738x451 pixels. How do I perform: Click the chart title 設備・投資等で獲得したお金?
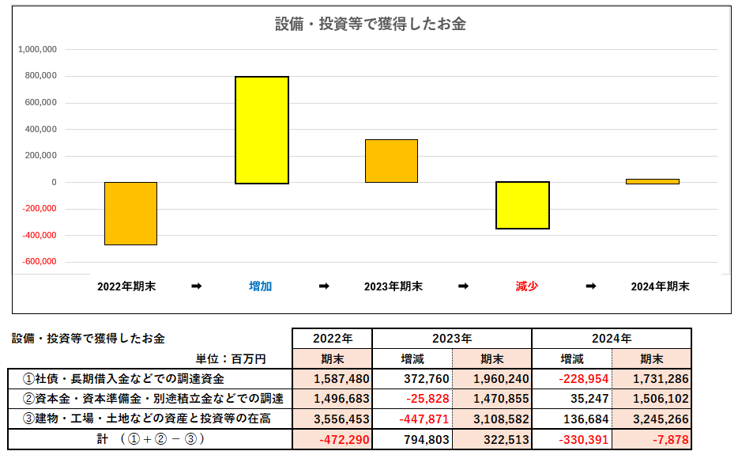[370, 24]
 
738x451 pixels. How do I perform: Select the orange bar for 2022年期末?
[130, 213]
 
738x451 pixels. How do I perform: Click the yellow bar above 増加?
[262, 130]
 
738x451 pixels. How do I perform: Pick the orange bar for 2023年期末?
[391, 161]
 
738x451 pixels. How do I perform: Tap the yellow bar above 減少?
[522, 205]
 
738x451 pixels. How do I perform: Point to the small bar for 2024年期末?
[652, 181]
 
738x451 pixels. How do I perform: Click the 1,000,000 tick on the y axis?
[36, 49]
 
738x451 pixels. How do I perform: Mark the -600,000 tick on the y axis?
[36, 262]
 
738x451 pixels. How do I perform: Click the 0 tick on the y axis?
[53, 182]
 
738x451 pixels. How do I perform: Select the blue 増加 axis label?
[261, 286]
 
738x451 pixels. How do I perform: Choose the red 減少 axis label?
[526, 286]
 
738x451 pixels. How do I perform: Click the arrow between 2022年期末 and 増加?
[196, 286]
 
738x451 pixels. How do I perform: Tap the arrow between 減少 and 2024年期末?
[590, 286]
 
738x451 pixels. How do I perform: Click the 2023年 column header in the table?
[451, 339]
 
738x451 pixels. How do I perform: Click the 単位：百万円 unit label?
[233, 358]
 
